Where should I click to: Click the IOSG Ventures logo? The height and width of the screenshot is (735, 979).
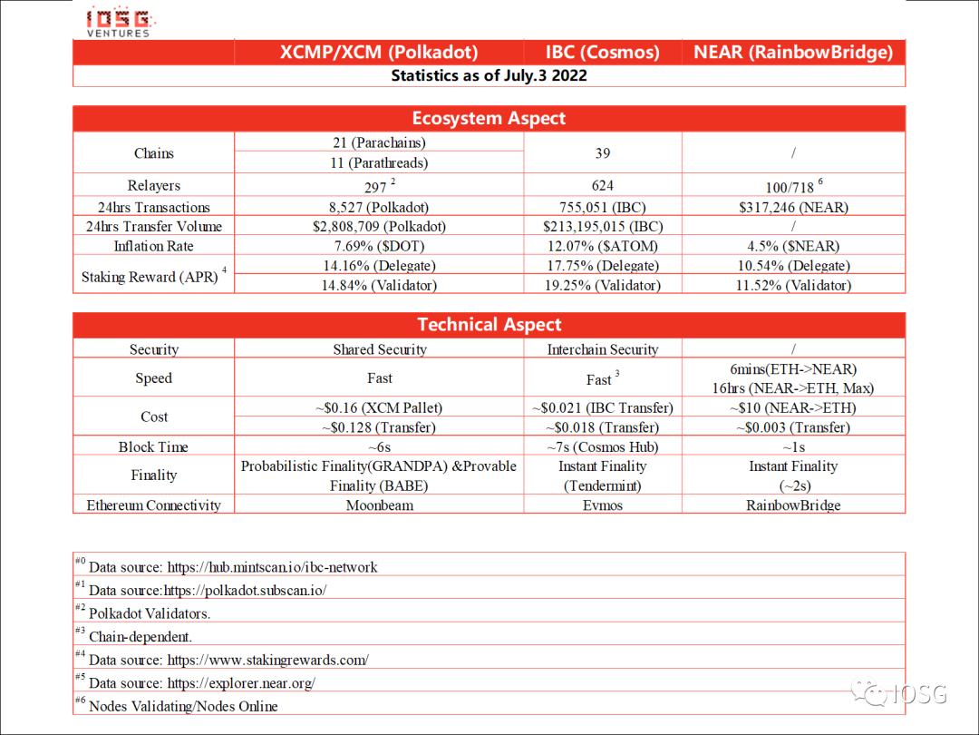point(120,21)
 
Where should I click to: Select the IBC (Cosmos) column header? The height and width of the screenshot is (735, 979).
point(602,52)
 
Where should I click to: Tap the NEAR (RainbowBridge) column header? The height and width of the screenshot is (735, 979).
point(793,52)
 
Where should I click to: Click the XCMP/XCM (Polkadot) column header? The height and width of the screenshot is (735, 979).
point(379,52)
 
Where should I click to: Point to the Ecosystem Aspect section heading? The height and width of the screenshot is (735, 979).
point(489,119)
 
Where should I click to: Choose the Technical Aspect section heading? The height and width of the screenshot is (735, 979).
point(489,325)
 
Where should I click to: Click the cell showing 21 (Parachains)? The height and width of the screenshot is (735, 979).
point(379,142)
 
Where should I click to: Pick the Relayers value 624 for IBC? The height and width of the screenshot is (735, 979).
point(602,186)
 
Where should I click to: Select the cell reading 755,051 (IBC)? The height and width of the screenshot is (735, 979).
point(602,207)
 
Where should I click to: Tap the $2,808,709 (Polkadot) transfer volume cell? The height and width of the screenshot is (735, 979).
point(379,227)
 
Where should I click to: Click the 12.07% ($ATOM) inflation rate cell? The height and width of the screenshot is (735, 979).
point(602,246)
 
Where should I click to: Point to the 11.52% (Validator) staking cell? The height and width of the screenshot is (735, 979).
point(793,285)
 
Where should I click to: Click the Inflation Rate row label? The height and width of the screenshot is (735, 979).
point(153,246)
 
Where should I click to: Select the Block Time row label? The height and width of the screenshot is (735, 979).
point(153,446)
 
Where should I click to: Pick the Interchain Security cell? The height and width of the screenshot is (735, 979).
point(602,349)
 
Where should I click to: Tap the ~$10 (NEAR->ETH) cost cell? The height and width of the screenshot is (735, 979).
point(793,407)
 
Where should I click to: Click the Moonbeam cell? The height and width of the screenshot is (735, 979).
point(379,505)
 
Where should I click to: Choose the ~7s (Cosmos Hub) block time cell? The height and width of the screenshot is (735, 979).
point(602,446)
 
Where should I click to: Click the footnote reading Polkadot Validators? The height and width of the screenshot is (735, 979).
point(150,613)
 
